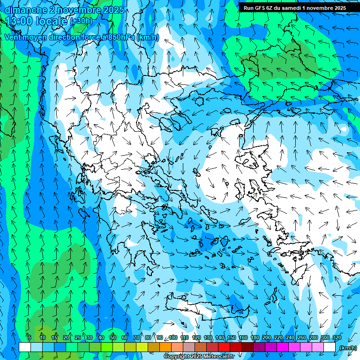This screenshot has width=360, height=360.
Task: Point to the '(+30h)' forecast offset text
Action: [x=81, y=21]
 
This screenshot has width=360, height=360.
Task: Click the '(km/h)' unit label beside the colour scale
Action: [x=347, y=348]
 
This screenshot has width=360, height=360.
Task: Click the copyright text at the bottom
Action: [x=199, y=357]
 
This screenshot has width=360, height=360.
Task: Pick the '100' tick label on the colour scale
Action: [x=173, y=337]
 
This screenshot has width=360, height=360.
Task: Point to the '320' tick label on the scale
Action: [x=337, y=337]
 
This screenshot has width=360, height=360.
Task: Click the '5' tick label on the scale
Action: [x=30, y=337]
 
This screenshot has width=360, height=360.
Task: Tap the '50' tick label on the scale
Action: [x=113, y=337]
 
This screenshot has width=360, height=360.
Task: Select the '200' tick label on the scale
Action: [x=266, y=337]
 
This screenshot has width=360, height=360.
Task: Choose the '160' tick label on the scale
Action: [x=243, y=337]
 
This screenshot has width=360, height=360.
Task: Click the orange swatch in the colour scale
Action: [x=165, y=347]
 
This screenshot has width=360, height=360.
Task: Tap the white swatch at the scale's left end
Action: [x=25, y=347]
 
